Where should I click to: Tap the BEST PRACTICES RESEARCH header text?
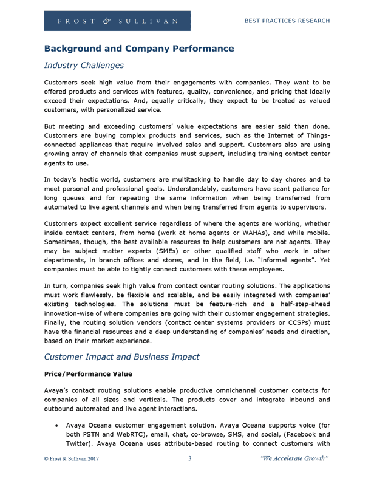pos(287,21)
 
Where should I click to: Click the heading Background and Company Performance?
pos(139,47)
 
